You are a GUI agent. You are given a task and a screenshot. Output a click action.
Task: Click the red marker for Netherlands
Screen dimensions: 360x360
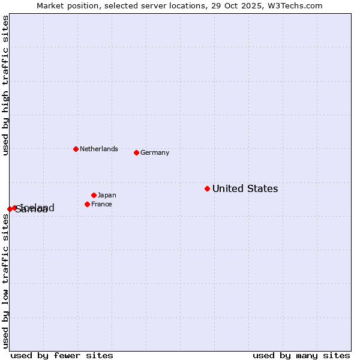(x=76, y=149)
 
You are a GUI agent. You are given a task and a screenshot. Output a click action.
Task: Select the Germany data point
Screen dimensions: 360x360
(x=136, y=152)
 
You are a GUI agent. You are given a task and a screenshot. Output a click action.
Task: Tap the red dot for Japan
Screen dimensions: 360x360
(x=94, y=195)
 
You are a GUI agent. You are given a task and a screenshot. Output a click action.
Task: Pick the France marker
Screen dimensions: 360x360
(x=87, y=204)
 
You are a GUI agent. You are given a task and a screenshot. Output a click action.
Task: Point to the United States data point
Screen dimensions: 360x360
(x=207, y=188)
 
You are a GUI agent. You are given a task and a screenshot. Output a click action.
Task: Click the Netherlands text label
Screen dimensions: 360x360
(x=99, y=149)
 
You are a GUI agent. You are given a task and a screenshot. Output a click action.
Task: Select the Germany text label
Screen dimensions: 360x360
(x=155, y=152)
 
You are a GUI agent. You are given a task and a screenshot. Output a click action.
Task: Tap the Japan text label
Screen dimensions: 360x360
(x=107, y=195)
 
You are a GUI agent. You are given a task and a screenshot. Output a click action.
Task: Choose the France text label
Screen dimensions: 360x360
(x=101, y=204)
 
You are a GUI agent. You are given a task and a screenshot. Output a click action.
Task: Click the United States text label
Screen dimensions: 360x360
(x=245, y=188)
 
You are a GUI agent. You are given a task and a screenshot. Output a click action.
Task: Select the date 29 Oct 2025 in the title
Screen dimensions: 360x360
(x=242, y=5)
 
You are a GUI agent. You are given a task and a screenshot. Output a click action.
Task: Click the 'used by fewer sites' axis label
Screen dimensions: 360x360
(x=62, y=355)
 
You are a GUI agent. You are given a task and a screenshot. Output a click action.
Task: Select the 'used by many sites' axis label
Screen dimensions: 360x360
(x=301, y=355)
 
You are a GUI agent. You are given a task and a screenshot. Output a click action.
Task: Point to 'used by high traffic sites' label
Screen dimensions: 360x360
(x=5, y=85)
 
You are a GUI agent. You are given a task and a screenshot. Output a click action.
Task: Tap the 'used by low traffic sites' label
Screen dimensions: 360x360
(x=5, y=281)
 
